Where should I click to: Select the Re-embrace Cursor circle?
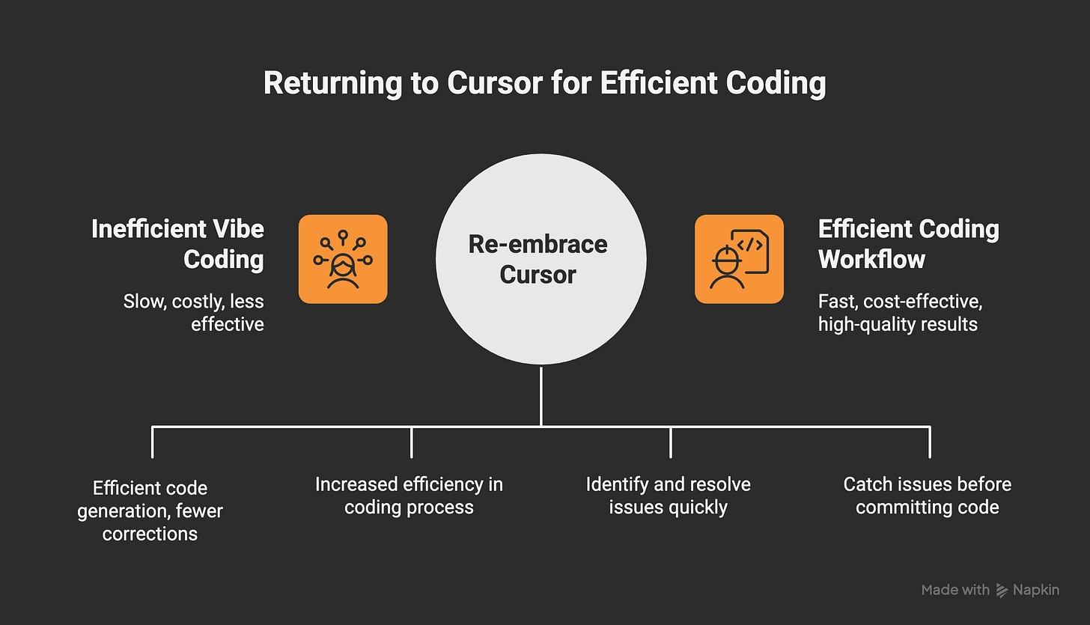point(540,259)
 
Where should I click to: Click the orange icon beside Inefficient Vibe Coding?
point(343,259)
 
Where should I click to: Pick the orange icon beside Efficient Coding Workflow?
point(739,259)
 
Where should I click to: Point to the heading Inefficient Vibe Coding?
point(178,244)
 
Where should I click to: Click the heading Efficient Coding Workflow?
point(908,244)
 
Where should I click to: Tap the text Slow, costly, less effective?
point(194,313)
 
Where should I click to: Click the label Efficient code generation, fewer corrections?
point(150,510)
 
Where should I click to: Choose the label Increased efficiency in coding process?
point(409,496)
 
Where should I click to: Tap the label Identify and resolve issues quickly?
point(669,496)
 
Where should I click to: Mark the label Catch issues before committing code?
point(928,496)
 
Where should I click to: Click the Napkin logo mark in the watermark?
point(1002,590)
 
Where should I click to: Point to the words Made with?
point(955,590)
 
